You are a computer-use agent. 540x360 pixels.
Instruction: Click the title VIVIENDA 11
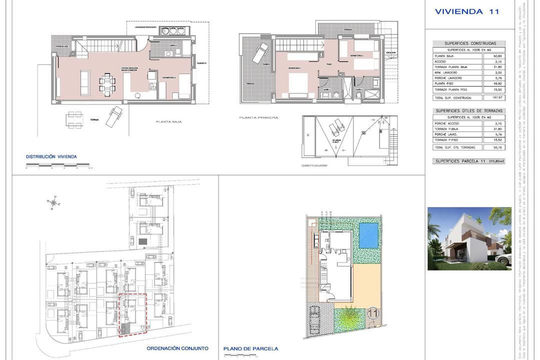pos(467,11)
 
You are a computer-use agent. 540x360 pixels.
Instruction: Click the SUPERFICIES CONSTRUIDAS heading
pos(468,43)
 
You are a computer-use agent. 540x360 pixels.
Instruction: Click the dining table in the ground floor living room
pos(106,82)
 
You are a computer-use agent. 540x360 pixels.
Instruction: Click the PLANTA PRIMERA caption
pos(258,117)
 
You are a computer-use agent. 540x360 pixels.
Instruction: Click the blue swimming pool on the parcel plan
pos(368,235)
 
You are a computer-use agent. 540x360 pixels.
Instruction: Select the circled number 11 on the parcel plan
pos(372,313)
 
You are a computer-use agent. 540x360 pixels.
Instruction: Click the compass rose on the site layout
pos(53,202)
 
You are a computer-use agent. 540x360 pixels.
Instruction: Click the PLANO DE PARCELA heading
pos(250,348)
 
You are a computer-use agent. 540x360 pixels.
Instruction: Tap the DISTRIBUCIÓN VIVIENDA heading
pos(51,156)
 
